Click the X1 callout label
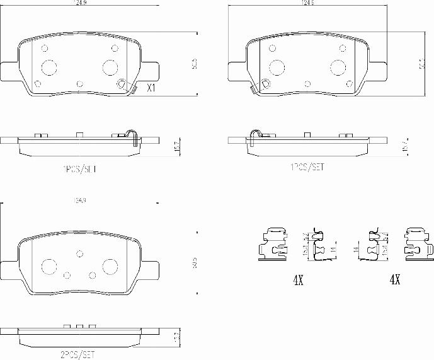(x=151, y=88)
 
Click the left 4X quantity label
(x=298, y=279)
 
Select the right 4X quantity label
(x=395, y=279)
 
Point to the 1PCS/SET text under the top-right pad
(x=307, y=167)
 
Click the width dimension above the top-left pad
(x=79, y=3)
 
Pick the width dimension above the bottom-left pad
(x=79, y=200)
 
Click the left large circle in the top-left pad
(x=49, y=67)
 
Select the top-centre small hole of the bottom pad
(x=79, y=253)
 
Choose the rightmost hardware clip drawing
(x=417, y=244)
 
